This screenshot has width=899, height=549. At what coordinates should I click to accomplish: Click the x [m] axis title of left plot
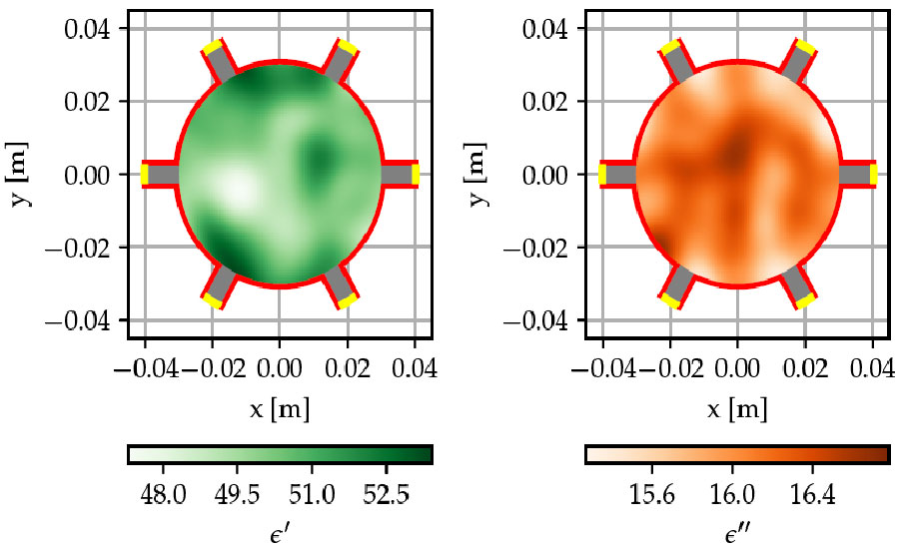click(x=280, y=409)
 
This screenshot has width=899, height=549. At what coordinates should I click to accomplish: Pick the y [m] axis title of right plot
click(x=480, y=175)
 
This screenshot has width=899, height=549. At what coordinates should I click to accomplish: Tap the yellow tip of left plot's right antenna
click(x=416, y=174)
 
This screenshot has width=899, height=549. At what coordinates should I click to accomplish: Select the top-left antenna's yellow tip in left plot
click(x=212, y=47)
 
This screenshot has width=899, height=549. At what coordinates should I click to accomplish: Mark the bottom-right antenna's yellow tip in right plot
click(x=806, y=300)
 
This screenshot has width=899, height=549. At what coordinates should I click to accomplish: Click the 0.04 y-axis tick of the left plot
click(x=90, y=29)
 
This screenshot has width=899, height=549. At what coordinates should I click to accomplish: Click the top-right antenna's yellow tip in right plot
click(x=805, y=47)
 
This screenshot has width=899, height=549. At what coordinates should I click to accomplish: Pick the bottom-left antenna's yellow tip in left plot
click(x=212, y=300)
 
